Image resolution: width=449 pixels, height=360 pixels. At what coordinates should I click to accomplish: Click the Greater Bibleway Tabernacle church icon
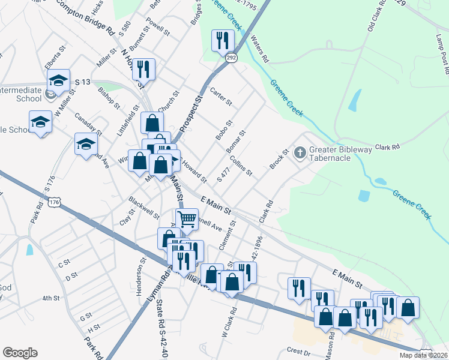(301, 152)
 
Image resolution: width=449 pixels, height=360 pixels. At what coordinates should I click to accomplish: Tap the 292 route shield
(232, 58)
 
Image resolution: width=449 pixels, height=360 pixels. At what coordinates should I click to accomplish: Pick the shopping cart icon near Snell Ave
(187, 220)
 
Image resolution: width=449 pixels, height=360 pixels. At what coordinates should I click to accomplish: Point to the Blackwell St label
(144, 208)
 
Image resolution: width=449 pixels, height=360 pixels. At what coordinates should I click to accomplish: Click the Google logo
(20, 353)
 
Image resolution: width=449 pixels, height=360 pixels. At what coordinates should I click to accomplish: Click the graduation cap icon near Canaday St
(86, 144)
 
